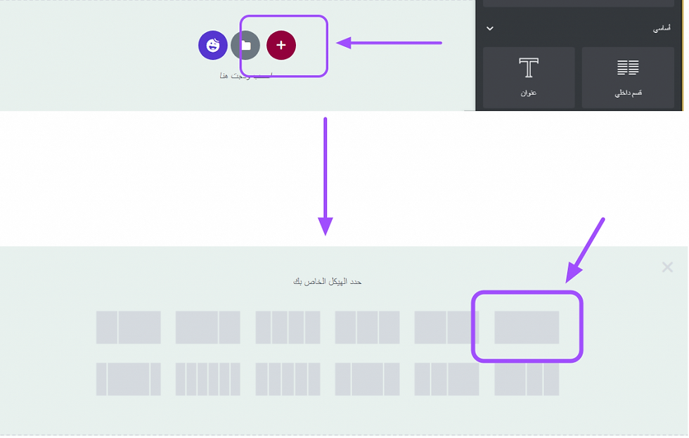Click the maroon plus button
tap(281, 45)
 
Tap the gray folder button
tap(245, 45)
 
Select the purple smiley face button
tap(212, 45)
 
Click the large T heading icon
tap(529, 68)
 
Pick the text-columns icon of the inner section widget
tap(628, 67)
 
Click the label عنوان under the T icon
tap(529, 93)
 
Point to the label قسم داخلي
tap(628, 93)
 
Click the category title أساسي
tap(662, 29)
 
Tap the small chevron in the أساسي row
tap(490, 29)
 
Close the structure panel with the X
tap(667, 267)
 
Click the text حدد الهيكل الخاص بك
tap(328, 281)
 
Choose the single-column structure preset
tap(527, 328)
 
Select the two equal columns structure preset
tap(447, 328)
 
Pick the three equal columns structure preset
tap(368, 328)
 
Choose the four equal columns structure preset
tap(288, 328)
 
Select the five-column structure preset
tap(288, 379)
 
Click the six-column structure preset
tap(208, 379)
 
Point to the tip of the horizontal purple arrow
tap(338, 44)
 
